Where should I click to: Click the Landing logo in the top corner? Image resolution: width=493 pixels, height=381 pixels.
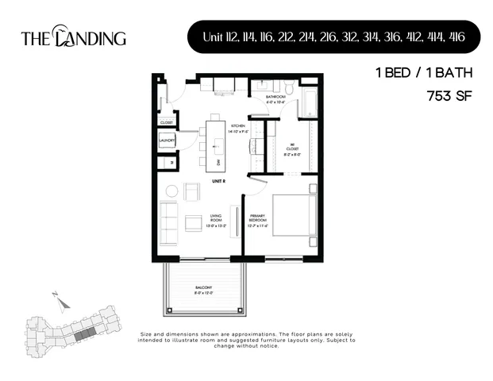pos(73,37)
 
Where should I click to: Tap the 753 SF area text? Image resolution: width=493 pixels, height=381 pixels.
pos(449,98)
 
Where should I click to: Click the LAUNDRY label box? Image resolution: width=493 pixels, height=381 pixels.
pos(167,140)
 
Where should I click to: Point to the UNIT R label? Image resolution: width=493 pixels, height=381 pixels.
pos(219,182)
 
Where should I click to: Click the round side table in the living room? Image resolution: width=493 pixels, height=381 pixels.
pos(171,191)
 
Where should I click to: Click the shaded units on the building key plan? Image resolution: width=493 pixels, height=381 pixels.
pos(83,333)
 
